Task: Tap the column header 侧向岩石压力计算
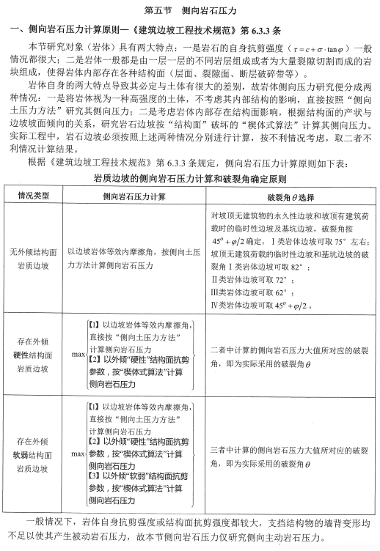pos(134,196)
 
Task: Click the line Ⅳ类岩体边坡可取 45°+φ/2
pos(258,305)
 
